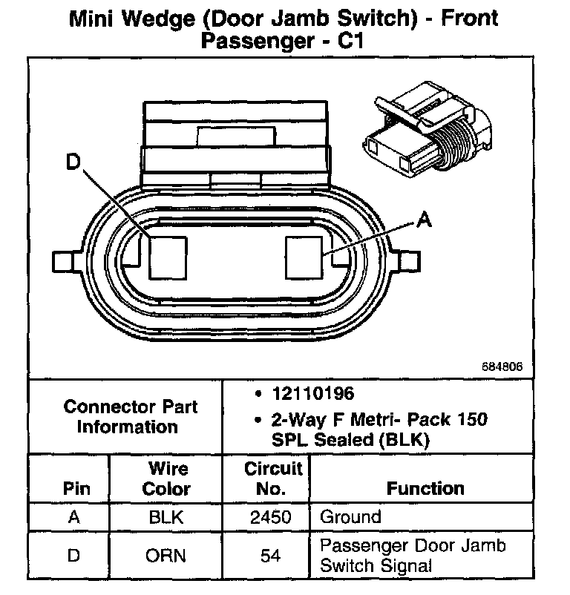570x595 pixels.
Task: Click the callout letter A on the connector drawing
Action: click(424, 219)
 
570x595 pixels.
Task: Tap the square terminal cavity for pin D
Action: click(168, 257)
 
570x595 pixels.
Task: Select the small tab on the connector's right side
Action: click(410, 261)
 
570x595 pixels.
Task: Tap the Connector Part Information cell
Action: click(131, 416)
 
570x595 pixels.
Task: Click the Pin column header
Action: click(76, 489)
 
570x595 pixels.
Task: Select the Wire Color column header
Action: click(166, 479)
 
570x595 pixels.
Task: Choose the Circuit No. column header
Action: click(273, 479)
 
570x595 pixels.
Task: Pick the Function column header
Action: click(425, 488)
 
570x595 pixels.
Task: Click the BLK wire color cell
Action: click(166, 517)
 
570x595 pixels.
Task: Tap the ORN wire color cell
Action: click(166, 556)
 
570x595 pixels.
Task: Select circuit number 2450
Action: click(268, 517)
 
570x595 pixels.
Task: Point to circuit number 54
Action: click(268, 556)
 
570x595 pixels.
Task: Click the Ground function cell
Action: click(350, 517)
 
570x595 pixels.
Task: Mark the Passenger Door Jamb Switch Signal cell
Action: click(413, 556)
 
